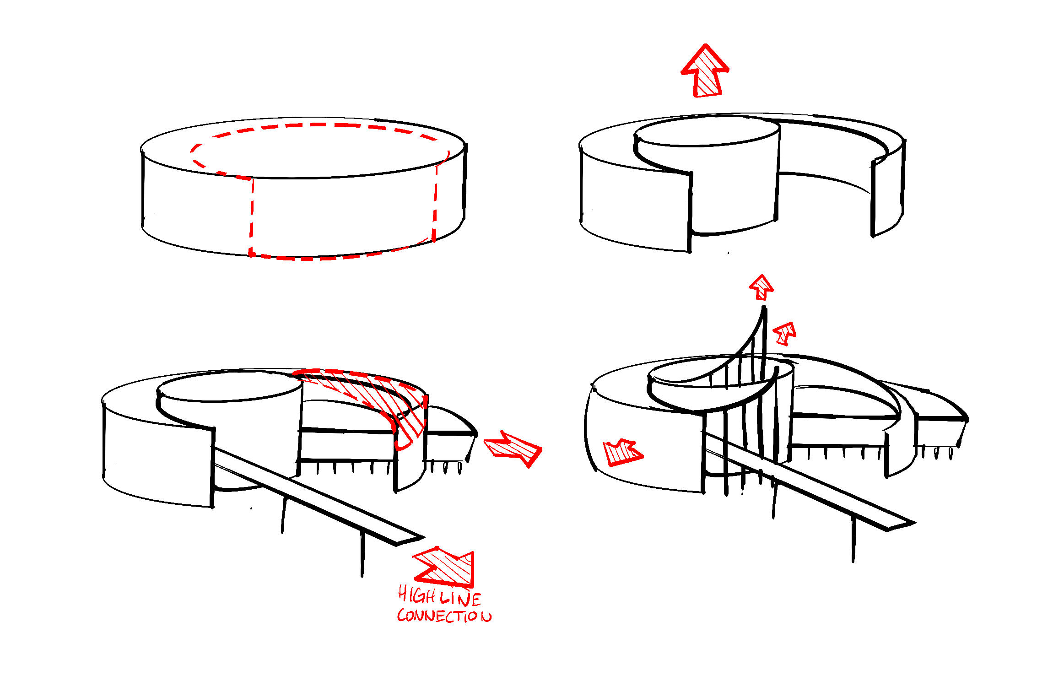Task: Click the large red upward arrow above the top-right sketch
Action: (705, 71)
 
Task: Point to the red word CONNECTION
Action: (444, 615)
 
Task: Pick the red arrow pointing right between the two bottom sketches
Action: (513, 448)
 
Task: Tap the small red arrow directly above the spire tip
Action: (762, 287)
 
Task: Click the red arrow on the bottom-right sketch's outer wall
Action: (623, 453)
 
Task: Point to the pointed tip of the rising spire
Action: (764, 308)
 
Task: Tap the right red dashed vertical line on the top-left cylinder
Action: (435, 201)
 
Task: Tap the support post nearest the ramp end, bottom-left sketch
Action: (362, 554)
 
